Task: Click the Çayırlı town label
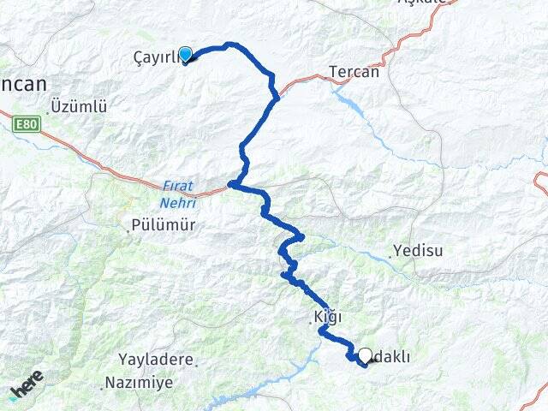point(154,57)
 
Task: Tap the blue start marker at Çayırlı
point(184,54)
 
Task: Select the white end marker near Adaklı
point(366,355)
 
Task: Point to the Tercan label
point(354,72)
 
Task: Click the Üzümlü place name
point(79,107)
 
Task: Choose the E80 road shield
point(27,125)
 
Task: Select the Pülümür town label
point(165,225)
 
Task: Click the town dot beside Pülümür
point(129,229)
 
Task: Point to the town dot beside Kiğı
point(313,322)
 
